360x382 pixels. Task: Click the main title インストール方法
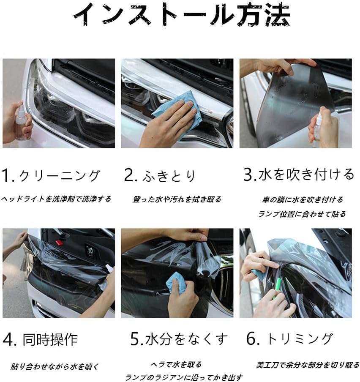click(181, 14)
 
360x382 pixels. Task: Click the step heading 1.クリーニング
click(51, 176)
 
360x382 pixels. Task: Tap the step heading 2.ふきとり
click(160, 176)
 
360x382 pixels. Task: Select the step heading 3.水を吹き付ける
click(299, 175)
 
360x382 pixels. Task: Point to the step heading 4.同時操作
click(40, 339)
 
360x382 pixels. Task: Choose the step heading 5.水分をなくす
click(179, 339)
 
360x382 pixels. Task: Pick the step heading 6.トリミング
click(289, 338)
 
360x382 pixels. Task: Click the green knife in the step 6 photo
click(276, 289)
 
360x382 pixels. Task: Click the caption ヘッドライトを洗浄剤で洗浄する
click(56, 199)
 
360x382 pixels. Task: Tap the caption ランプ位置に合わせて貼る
click(302, 214)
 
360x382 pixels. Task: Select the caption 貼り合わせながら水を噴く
click(55, 366)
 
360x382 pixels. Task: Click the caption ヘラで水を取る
click(176, 364)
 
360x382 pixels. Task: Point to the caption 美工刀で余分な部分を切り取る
click(307, 365)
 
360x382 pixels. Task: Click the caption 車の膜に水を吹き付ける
click(303, 199)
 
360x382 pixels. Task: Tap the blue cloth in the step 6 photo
click(258, 275)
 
